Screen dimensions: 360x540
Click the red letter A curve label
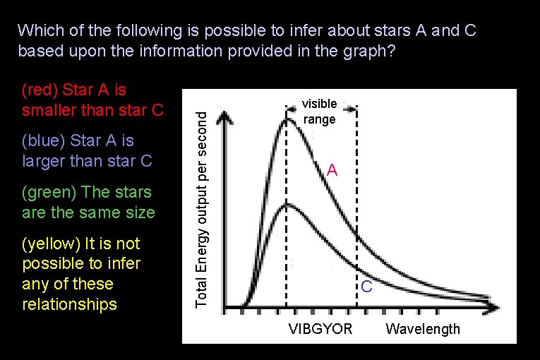pyautogui.click(x=332, y=171)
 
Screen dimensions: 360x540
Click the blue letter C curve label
pyautogui.click(x=366, y=287)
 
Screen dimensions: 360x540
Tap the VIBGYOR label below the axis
pyautogui.click(x=320, y=329)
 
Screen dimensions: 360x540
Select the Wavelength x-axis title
pyautogui.click(x=423, y=329)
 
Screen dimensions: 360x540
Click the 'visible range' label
pyautogui.click(x=320, y=112)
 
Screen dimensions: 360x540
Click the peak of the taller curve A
pyautogui.click(x=288, y=119)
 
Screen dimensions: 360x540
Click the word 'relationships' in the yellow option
pyautogui.click(x=69, y=305)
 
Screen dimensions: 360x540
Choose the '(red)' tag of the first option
pyautogui.click(x=40, y=90)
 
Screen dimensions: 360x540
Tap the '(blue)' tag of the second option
pyautogui.click(x=44, y=141)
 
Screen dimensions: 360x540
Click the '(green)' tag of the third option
pyautogui.click(x=49, y=192)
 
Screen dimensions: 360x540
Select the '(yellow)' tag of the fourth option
pyautogui.click(x=52, y=244)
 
